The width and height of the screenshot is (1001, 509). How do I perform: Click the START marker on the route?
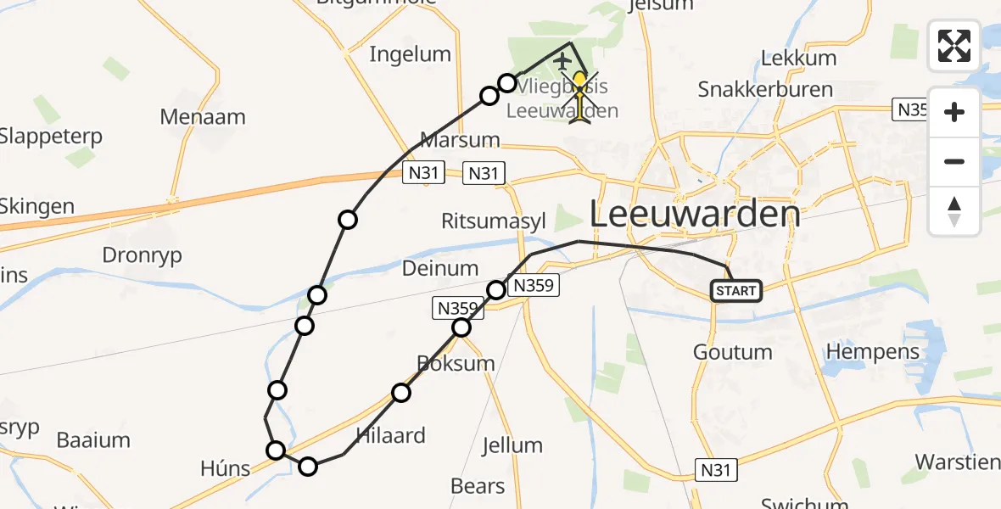(x=736, y=291)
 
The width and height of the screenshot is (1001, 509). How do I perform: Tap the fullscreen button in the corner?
(x=954, y=46)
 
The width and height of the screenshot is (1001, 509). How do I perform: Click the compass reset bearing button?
(x=954, y=211)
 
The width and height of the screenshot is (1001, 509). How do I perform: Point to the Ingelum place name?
(x=410, y=54)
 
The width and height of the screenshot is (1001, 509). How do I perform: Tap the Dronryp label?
(x=142, y=255)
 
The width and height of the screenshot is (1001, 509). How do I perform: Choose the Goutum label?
(x=732, y=351)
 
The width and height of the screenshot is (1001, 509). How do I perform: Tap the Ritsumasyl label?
(x=493, y=221)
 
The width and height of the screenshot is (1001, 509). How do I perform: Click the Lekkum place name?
(x=798, y=58)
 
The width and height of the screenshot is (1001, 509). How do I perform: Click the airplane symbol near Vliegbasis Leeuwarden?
(x=562, y=61)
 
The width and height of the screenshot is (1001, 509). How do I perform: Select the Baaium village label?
(x=93, y=439)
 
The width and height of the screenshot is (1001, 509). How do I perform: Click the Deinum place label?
(x=439, y=268)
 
